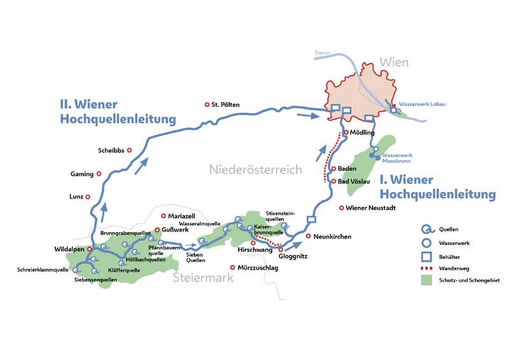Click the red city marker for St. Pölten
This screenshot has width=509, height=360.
206,105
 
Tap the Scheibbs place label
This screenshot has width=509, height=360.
111,151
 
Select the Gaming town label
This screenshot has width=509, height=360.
82,174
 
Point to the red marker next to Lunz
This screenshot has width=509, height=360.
88,197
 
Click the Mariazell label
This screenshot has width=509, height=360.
182,216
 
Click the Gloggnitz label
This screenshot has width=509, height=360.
293,258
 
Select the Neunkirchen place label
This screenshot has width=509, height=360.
333,237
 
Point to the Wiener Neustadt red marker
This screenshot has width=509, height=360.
342,208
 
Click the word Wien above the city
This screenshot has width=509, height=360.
394,62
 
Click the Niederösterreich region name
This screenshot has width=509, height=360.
255,169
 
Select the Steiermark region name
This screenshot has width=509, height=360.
202,277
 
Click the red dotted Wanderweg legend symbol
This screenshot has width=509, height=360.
426,268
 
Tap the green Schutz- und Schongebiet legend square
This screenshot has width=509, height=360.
426,280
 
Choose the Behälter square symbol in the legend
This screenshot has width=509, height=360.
426,255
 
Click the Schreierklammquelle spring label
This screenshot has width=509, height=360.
43,270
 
